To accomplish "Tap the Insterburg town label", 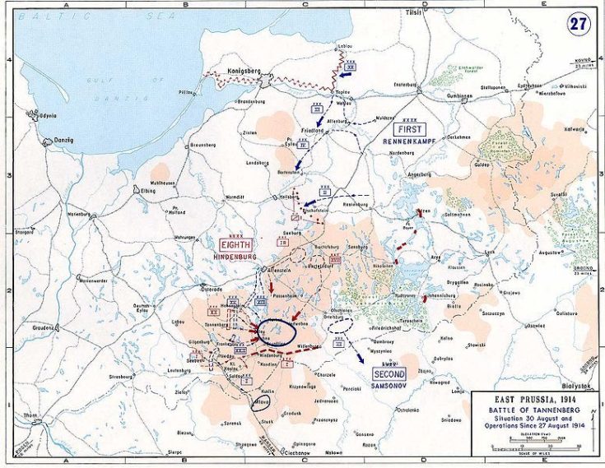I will point(406,84).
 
